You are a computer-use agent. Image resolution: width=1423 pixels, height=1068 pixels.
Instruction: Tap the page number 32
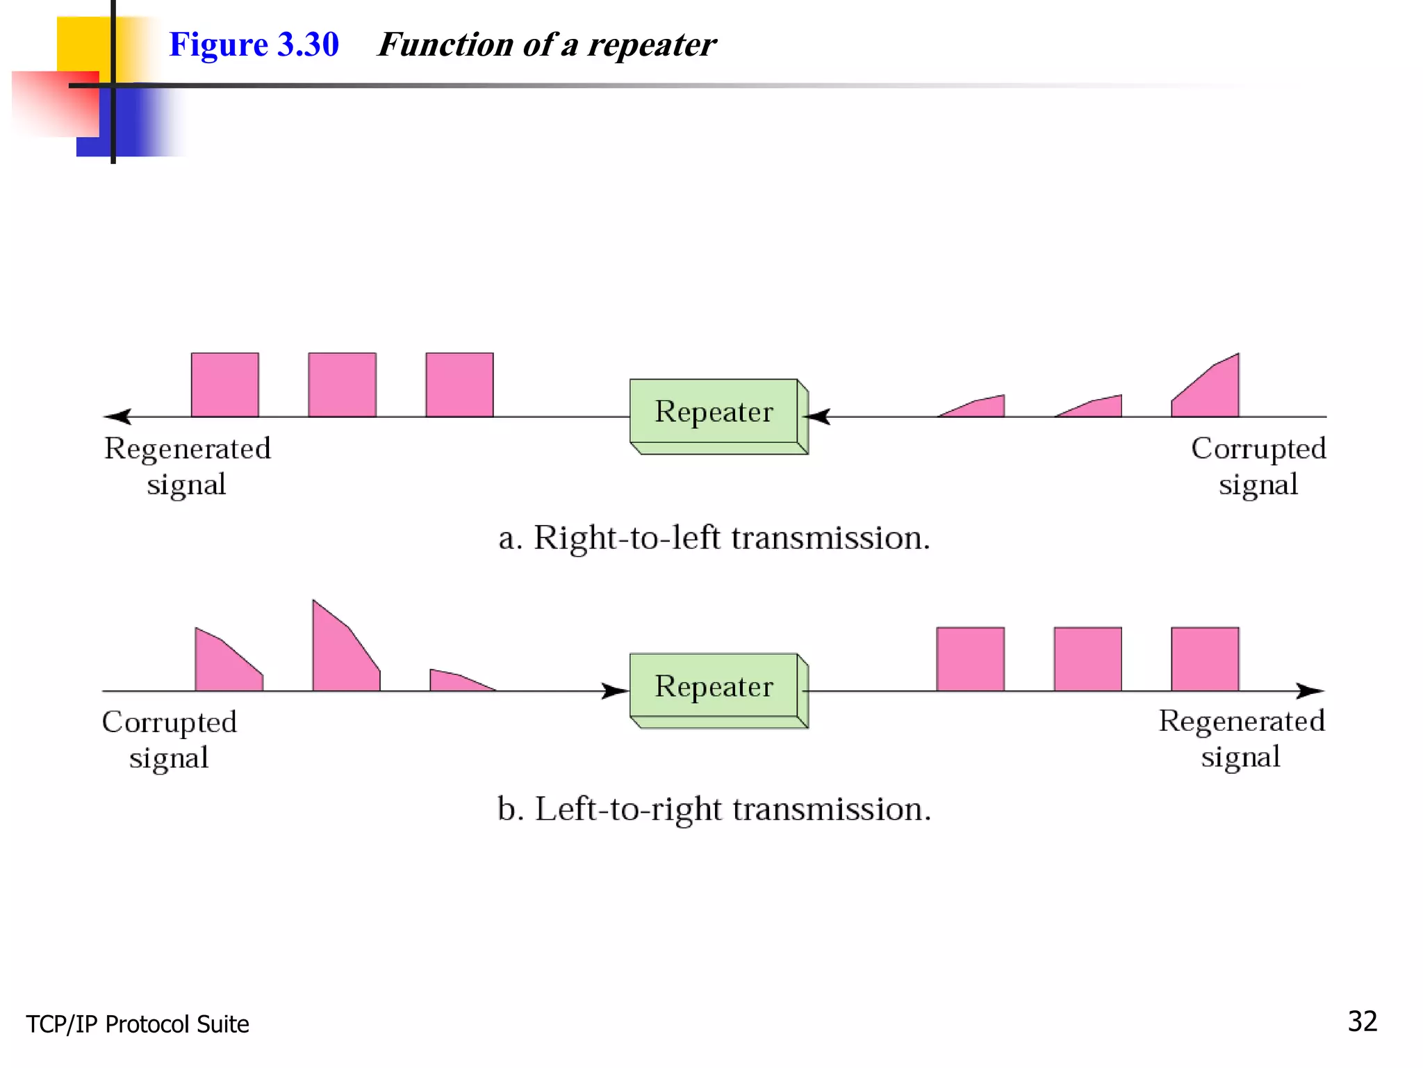coord(1362,1021)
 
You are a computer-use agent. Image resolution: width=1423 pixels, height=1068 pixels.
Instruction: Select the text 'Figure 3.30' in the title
coord(254,44)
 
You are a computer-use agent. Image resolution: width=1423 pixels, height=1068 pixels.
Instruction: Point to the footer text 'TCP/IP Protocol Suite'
coord(138,1024)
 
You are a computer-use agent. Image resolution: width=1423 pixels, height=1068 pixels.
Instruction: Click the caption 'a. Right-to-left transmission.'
coord(714,537)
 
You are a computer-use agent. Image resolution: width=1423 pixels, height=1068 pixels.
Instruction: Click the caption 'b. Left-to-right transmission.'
coord(714,809)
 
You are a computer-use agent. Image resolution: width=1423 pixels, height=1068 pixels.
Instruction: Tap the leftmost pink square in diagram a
coord(225,385)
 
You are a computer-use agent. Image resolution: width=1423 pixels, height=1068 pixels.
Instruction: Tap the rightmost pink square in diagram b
coord(1205,658)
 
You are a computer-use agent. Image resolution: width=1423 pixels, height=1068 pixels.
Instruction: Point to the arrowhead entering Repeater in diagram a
coord(819,416)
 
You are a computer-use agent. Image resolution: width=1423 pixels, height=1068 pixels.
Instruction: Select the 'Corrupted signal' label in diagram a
coord(1258,467)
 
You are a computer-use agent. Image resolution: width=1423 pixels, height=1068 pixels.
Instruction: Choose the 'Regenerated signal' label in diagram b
coord(1242,738)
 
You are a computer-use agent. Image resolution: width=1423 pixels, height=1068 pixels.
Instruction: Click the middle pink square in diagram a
coord(343,385)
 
